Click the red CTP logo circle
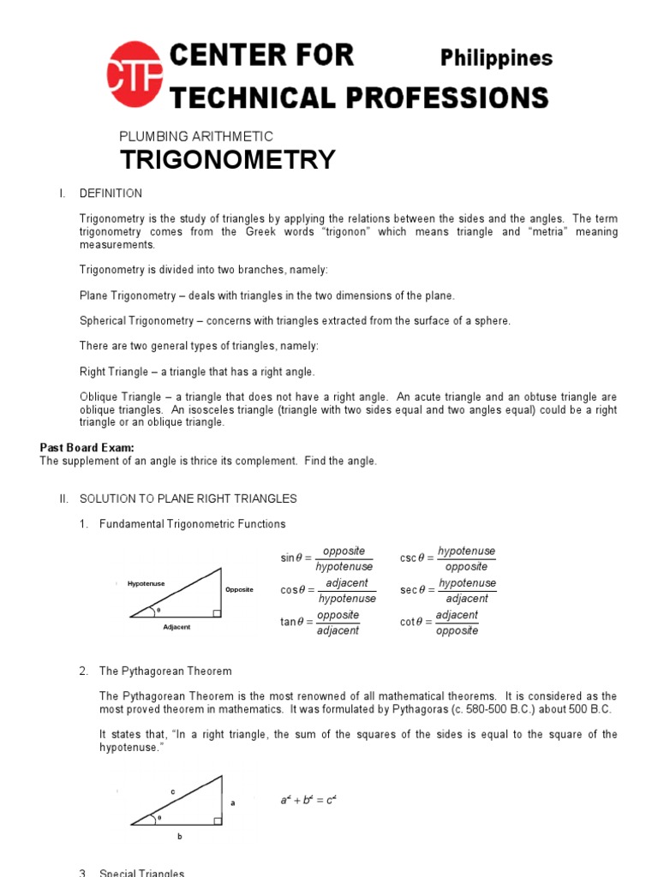134,76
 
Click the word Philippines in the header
496,58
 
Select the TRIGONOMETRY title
227,160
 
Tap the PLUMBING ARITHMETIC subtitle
195,136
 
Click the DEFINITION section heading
111,193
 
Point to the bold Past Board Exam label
87,448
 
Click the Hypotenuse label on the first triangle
146,584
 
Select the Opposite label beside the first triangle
239,590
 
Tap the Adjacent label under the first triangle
176,627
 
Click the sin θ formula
327,558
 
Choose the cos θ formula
328,590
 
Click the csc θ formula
447,558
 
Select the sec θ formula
447,590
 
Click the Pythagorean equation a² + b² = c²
309,800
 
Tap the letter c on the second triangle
172,792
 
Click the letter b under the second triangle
180,837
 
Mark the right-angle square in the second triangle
218,820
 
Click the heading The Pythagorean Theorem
165,671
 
